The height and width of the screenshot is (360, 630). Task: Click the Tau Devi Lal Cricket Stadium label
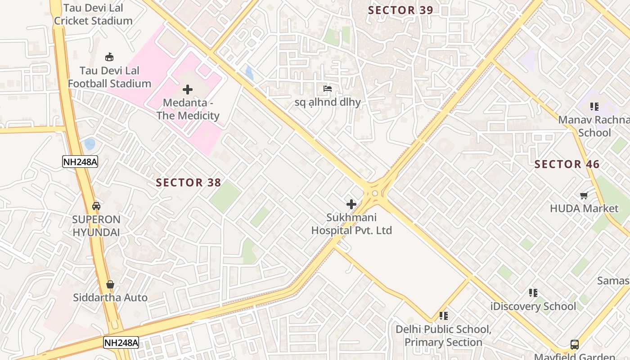93,14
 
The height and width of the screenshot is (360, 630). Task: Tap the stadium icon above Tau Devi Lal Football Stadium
109,57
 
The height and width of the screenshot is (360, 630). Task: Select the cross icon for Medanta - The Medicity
188,90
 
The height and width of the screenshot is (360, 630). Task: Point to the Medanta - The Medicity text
188,109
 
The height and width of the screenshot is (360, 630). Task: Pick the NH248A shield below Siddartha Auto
121,342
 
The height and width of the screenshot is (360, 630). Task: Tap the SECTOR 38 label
189,182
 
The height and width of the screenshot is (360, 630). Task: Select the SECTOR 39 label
400,10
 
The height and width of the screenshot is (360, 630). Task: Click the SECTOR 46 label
567,164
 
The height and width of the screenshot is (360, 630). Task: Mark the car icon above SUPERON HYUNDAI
96,206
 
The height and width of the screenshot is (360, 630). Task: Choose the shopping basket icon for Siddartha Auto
110,284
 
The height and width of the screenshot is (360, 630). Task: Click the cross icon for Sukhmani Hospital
351,204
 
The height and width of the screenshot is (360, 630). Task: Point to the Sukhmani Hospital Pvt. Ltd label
351,224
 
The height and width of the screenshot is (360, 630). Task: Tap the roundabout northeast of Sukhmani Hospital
375,193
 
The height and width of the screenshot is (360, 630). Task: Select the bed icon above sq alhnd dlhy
328,89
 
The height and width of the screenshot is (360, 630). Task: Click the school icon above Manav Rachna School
594,107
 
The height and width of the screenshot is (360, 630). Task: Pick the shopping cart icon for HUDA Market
584,195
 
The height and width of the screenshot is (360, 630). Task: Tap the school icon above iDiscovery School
533,293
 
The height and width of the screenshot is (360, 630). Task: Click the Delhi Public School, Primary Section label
443,336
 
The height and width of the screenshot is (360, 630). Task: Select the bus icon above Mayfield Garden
575,345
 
